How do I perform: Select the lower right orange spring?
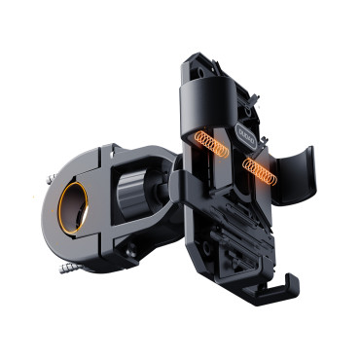pyautogui.click(x=260, y=172)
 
